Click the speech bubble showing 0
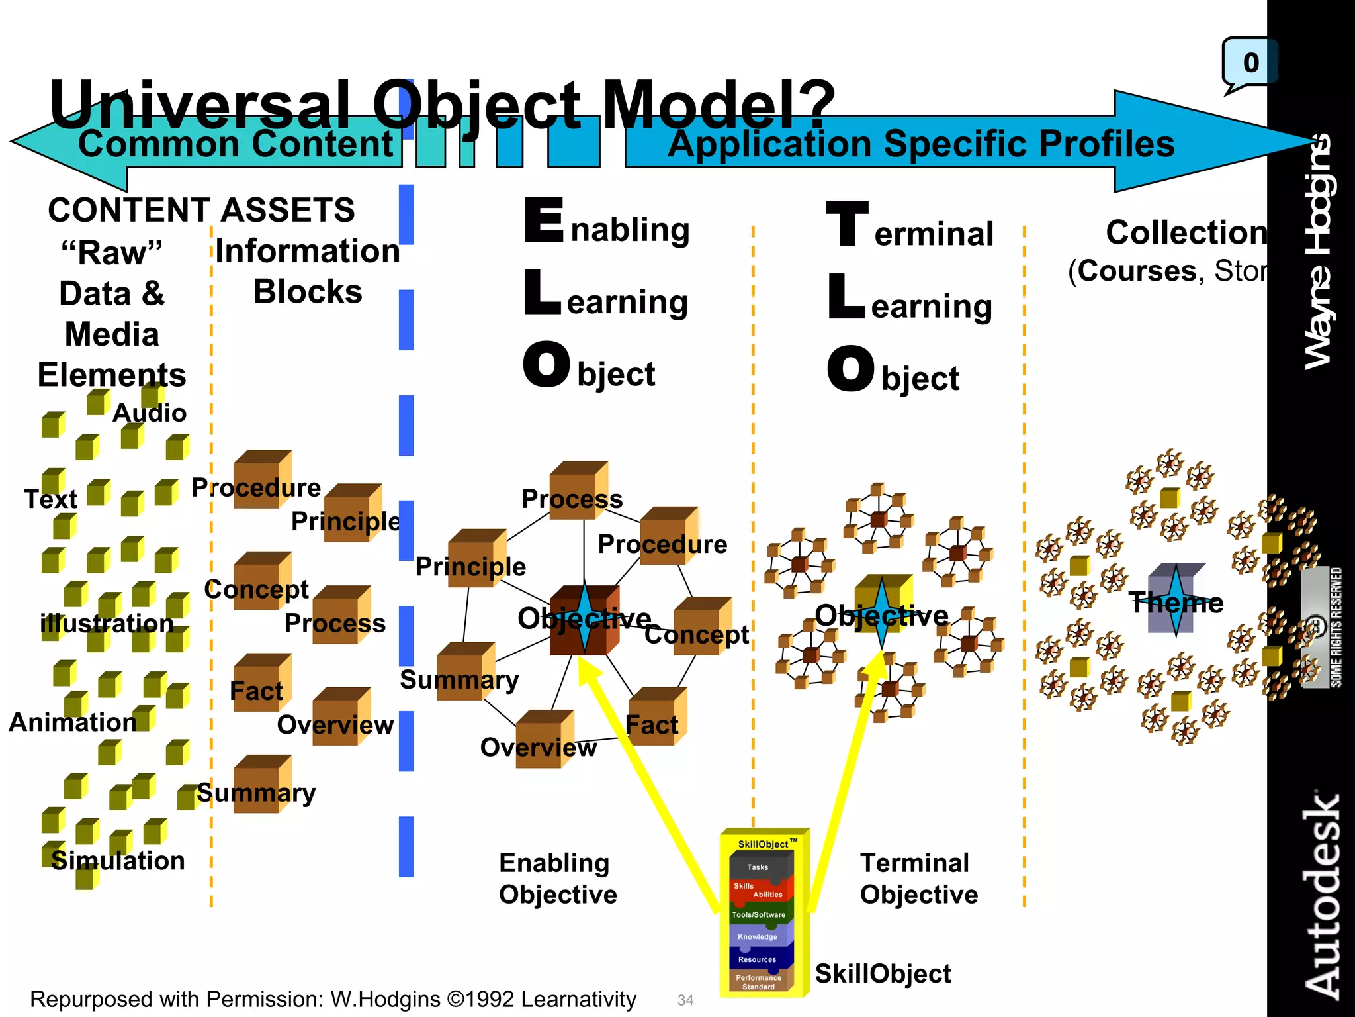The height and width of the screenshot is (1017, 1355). click(x=1249, y=64)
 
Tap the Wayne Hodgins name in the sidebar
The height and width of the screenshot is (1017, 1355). click(x=1319, y=252)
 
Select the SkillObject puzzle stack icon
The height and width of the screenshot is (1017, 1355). click(x=764, y=914)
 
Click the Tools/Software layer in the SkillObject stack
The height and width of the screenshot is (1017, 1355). click(x=758, y=914)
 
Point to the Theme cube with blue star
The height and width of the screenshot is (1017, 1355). click(x=1175, y=600)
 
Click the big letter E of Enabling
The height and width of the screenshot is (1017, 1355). click(x=544, y=220)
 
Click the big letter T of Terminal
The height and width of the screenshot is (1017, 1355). click(x=847, y=225)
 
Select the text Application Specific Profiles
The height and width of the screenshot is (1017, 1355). click(x=921, y=144)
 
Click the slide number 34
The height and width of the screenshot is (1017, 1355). click(x=685, y=1000)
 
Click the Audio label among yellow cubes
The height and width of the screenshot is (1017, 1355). click(x=150, y=413)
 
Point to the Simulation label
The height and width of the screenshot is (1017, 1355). click(x=118, y=861)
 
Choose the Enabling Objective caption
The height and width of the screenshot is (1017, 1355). click(x=557, y=879)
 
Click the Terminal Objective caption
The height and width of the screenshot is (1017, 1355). click(x=918, y=879)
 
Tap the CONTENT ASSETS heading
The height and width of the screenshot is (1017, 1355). click(x=201, y=211)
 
